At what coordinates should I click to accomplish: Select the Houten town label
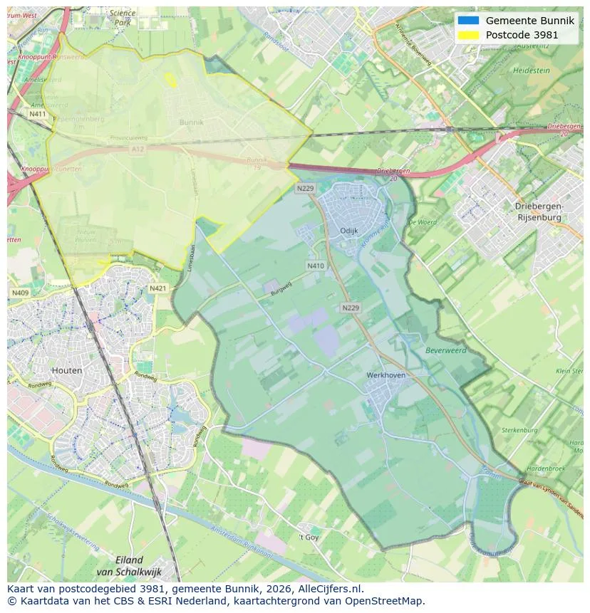coord(67,370)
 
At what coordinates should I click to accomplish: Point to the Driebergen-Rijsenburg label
coord(539,211)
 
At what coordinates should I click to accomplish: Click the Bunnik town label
coord(191,122)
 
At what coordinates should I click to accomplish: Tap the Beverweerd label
coord(445,350)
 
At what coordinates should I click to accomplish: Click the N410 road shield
coord(316,266)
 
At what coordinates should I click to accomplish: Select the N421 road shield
coord(158,288)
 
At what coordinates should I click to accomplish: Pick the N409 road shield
coord(20,293)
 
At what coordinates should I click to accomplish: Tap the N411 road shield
coord(37,114)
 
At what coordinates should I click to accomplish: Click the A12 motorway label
coord(137,149)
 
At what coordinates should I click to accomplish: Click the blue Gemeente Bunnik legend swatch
coord(468,21)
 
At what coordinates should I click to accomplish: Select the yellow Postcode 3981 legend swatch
coord(468,35)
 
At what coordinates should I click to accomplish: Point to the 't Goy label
coord(309,537)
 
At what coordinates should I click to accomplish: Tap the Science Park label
coord(123,18)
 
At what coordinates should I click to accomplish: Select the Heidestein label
coord(531,71)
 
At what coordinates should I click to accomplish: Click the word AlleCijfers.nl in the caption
coord(329,589)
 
